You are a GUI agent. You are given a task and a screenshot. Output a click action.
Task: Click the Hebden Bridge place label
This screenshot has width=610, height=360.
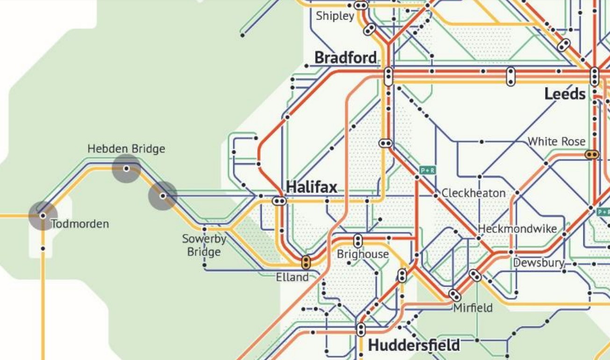(126, 149)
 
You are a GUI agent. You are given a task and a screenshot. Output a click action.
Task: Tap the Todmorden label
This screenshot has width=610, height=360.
(80, 224)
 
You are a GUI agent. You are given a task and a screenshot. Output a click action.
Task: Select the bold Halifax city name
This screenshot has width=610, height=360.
(311, 187)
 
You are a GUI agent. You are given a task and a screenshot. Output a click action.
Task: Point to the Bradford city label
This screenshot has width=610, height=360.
(345, 58)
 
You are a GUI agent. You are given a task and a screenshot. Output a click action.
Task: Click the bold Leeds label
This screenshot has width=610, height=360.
(565, 94)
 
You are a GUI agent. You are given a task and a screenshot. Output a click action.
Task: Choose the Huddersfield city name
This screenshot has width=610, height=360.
(414, 346)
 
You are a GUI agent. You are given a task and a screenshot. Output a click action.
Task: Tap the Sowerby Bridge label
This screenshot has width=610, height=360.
(204, 245)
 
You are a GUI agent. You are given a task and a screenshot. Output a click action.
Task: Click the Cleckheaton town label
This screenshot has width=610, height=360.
(474, 193)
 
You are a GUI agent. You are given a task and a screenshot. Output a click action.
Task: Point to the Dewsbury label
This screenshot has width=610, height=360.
(539, 263)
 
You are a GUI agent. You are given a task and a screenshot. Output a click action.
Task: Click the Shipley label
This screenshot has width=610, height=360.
(335, 16)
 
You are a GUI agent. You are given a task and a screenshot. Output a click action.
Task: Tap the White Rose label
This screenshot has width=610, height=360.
(556, 141)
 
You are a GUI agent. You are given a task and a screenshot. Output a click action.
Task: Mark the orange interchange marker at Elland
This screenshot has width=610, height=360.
(306, 262)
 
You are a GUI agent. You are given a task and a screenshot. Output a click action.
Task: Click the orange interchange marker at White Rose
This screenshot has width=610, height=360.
(592, 154)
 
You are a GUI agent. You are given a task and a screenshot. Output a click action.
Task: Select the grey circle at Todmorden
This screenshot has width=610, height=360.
(43, 216)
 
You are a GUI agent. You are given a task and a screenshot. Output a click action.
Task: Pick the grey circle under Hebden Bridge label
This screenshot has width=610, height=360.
(126, 168)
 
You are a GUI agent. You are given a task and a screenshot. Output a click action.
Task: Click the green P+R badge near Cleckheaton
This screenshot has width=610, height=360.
(427, 171)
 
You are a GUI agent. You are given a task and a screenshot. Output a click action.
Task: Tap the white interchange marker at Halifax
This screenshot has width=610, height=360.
(279, 201)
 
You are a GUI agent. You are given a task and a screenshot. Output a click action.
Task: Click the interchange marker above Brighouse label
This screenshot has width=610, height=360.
(358, 241)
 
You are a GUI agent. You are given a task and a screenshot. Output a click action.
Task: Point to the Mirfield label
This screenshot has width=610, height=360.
(473, 308)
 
